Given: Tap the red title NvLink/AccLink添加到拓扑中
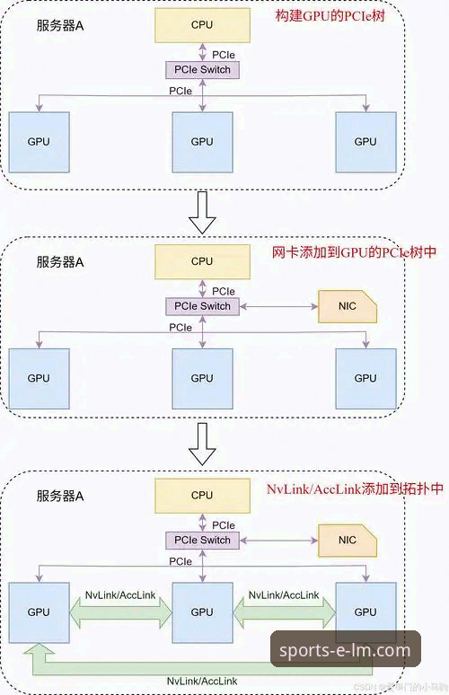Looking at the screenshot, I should coord(355,489).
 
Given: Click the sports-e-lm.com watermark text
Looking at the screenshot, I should coord(345,650).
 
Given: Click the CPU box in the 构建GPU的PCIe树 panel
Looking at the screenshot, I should coord(202,26).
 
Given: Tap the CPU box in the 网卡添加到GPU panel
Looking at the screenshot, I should coord(202,261).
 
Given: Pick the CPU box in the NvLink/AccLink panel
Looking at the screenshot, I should coord(202,495).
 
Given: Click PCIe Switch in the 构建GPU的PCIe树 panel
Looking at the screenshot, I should coord(203,69).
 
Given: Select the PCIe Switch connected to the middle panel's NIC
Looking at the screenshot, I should coord(203,306).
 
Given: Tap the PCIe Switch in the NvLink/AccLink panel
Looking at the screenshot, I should coord(203,541).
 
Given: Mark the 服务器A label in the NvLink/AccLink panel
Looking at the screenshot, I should coord(60,496).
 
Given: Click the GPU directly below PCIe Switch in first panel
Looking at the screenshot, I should coord(202,141).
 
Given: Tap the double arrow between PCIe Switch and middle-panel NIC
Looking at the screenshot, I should coord(278,306).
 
